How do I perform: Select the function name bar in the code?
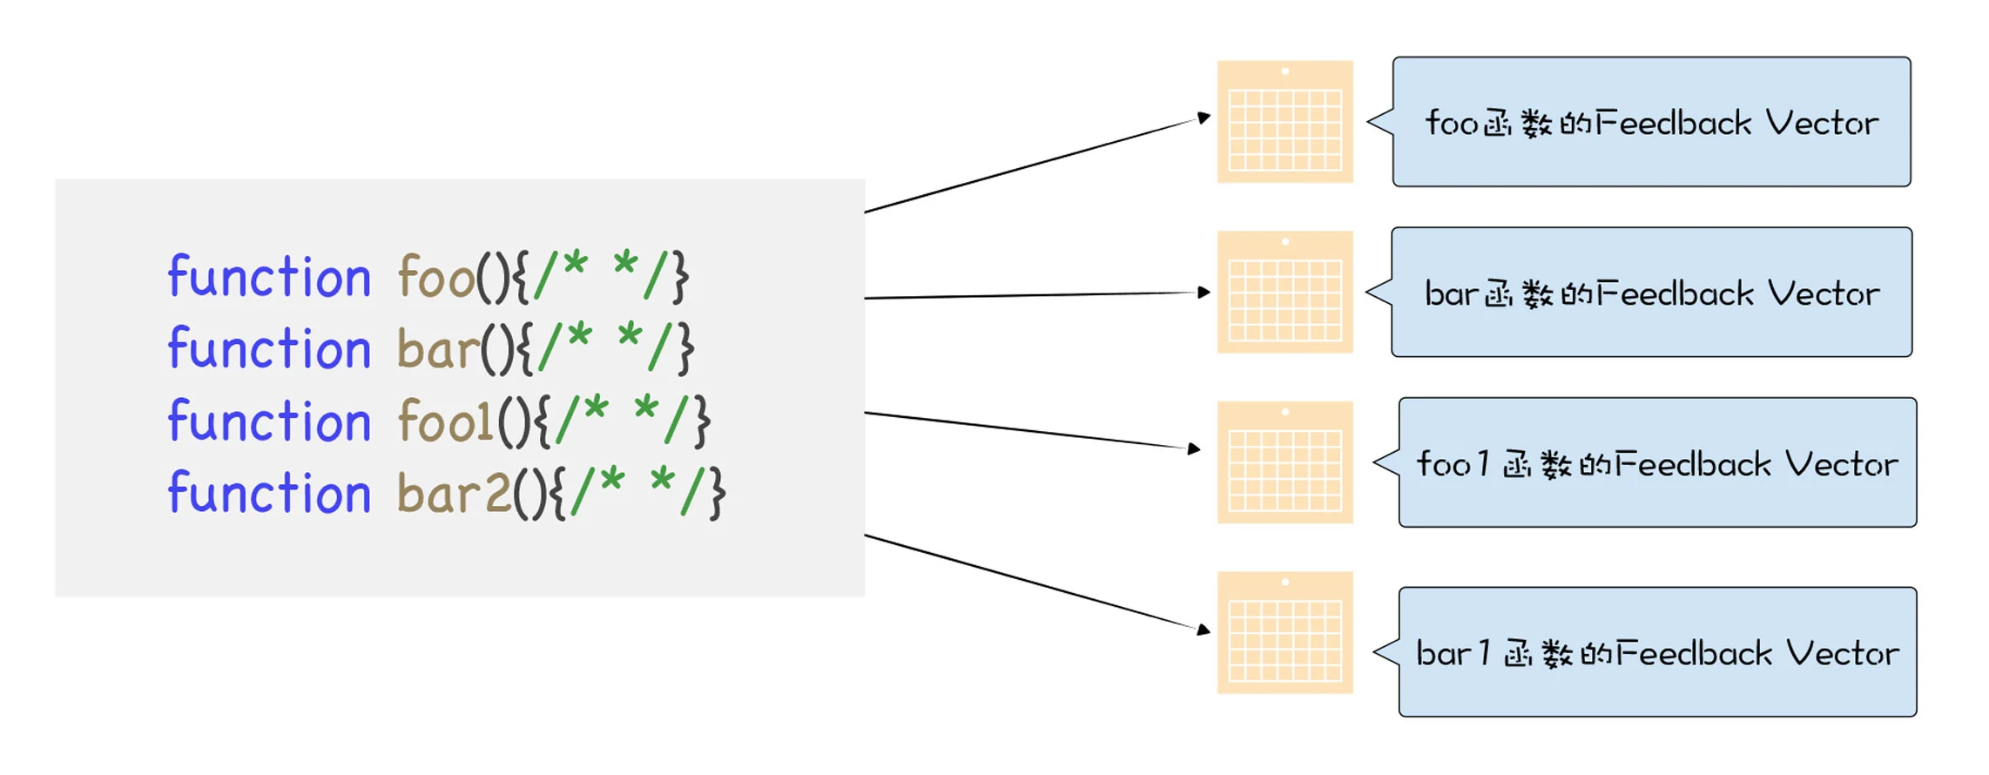[x=437, y=350]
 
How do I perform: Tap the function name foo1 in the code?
[x=446, y=422]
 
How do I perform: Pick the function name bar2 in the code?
[x=454, y=494]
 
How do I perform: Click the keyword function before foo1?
[x=269, y=422]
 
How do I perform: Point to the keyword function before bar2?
[x=269, y=494]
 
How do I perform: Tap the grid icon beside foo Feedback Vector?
[x=1284, y=122]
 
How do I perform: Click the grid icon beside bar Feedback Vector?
[x=1284, y=293]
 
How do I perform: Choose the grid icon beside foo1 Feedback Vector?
[x=1284, y=462]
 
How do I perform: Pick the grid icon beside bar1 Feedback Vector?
[x=1284, y=633]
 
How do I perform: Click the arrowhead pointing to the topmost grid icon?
[x=1204, y=117]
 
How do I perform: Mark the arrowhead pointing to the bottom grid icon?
[x=1204, y=629]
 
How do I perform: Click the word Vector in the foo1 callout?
[x=1841, y=464]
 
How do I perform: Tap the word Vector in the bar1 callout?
[x=1842, y=653]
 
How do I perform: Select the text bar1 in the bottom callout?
[x=1453, y=653]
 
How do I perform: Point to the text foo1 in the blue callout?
[x=1453, y=464]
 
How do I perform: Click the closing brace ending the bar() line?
[x=686, y=349]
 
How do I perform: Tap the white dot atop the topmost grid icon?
[x=1285, y=71]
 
